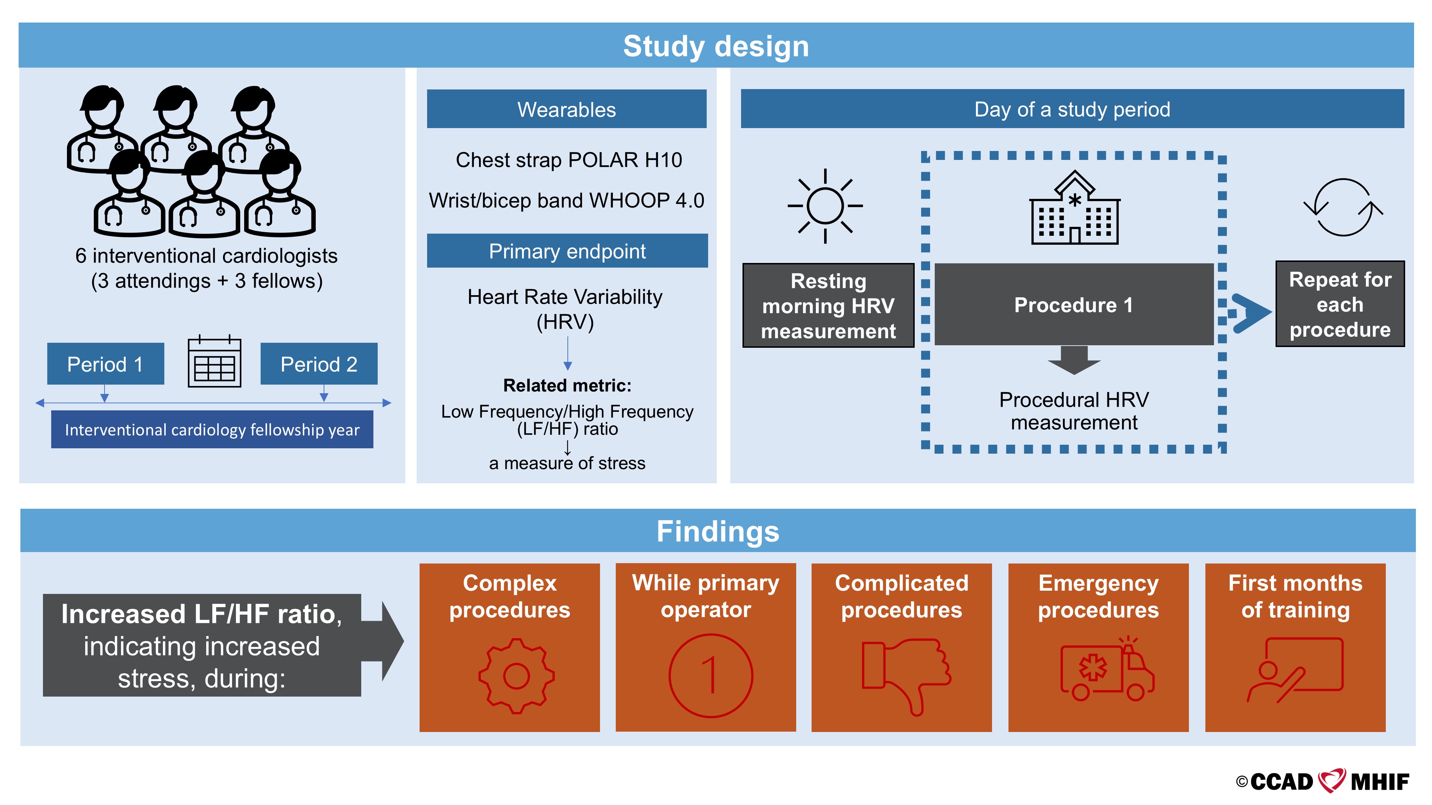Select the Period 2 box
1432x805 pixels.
coord(319,364)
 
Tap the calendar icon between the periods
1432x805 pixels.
coord(214,362)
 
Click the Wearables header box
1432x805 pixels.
coord(566,109)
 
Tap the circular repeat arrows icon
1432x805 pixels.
coord(1343,207)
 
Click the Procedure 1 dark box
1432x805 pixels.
coord(1073,304)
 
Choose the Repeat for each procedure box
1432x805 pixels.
coord(1340,304)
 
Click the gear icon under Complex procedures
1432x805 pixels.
coord(517,676)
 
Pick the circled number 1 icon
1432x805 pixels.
coord(710,675)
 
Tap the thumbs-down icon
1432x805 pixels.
coord(906,675)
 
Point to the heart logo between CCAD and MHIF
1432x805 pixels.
coord(1332,781)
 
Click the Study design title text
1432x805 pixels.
coord(716,46)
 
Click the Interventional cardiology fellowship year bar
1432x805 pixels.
coord(212,429)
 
